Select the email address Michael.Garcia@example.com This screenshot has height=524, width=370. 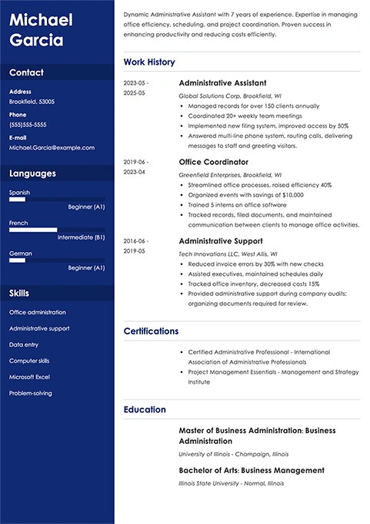click(52, 147)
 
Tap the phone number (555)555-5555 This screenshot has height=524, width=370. click(28, 124)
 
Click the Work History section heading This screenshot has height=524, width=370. click(149, 62)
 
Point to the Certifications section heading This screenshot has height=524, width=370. click(151, 331)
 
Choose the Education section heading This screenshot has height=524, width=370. click(145, 410)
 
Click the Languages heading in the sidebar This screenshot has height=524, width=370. click(32, 173)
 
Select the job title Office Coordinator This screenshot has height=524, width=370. click(213, 163)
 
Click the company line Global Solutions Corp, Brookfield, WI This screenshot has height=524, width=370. click(229, 96)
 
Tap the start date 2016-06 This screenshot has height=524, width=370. click(136, 240)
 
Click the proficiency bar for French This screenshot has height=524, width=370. click(33, 230)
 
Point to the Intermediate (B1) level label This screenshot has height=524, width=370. click(78, 237)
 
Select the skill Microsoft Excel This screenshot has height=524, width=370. click(29, 377)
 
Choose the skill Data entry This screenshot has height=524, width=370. click(23, 344)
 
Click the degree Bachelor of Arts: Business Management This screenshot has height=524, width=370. click(252, 470)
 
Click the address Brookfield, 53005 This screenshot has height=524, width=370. click(32, 101)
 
